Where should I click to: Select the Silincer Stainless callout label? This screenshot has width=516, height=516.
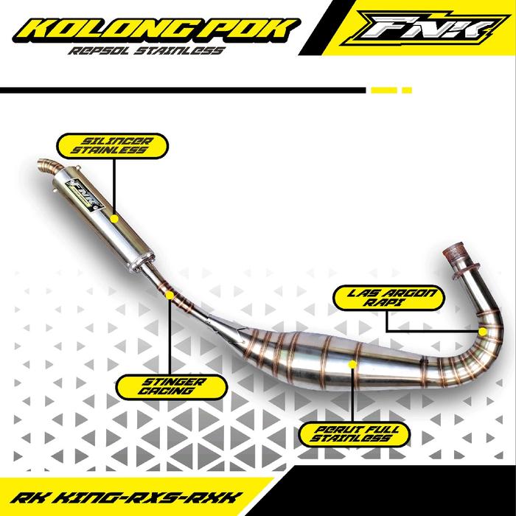[114, 144]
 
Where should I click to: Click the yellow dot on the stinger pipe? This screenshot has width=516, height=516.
[170, 296]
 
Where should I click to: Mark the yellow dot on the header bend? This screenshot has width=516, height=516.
[482, 332]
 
